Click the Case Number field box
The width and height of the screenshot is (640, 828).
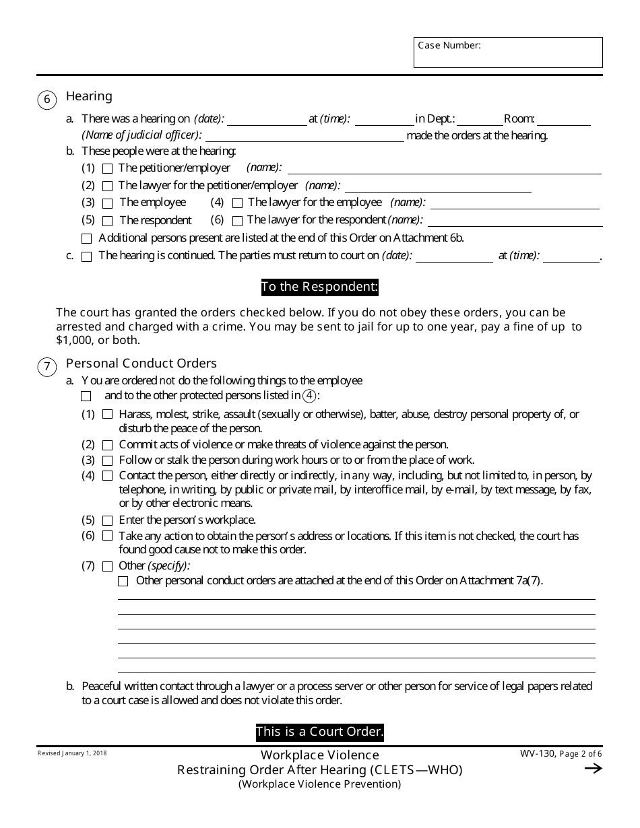tap(508, 53)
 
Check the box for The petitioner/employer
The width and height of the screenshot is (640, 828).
tap(108, 168)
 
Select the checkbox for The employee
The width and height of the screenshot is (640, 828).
tap(108, 203)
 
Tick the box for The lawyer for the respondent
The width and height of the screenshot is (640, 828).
tap(237, 221)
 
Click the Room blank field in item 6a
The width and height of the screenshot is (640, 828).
tap(563, 120)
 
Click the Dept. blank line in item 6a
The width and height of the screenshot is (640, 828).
tap(480, 120)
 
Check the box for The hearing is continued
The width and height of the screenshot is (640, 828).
tap(86, 256)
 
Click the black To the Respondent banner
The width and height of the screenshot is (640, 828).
tap(319, 287)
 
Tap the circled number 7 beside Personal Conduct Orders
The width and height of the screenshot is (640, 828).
tap(46, 367)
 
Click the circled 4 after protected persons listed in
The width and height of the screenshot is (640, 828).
tap(309, 396)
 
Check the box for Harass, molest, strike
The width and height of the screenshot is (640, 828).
tap(108, 415)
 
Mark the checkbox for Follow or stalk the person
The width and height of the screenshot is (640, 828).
tap(108, 461)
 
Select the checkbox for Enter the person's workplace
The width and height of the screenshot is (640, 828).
tap(108, 520)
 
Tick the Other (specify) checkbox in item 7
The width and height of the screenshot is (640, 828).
tap(108, 566)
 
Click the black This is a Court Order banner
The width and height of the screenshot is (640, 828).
tap(319, 732)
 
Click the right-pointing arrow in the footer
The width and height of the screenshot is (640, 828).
tap(593, 769)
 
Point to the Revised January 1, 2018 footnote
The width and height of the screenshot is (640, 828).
tap(72, 753)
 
